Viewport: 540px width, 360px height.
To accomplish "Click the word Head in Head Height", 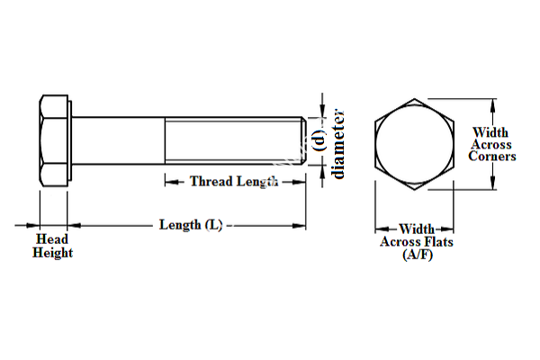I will coord(52,239).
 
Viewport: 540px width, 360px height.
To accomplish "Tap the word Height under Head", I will coord(52,254).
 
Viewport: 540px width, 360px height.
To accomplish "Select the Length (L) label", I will coord(190,224).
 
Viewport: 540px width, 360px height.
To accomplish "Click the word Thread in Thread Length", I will coord(210,181).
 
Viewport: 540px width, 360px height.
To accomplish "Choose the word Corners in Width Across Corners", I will coord(492,157).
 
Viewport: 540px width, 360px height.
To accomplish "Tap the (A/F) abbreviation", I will coord(417,256).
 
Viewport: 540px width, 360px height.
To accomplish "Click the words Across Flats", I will coord(417,242).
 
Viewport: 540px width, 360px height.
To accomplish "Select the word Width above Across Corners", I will coord(490,132).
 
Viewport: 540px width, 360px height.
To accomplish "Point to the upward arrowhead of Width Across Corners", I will coord(491,100).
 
